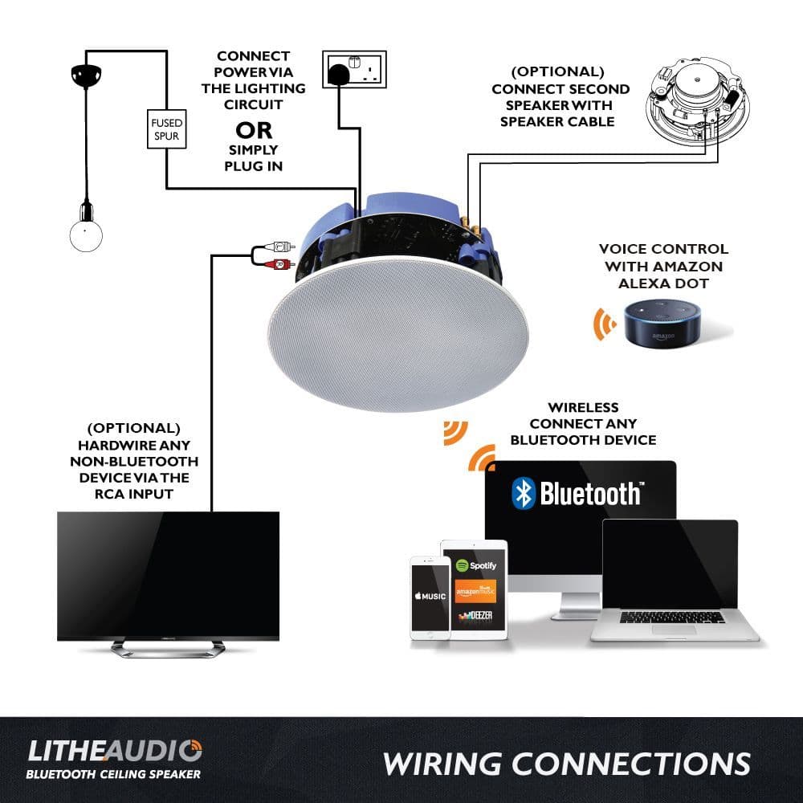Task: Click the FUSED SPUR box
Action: pyautogui.click(x=166, y=129)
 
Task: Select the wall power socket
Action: pyautogui.click(x=354, y=69)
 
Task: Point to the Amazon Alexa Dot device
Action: pyautogui.click(x=662, y=323)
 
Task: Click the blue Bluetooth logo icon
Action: pyautogui.click(x=523, y=493)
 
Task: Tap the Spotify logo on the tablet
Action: pyautogui.click(x=475, y=565)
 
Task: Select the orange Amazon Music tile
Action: pyautogui.click(x=475, y=592)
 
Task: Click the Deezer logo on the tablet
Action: pyautogui.click(x=475, y=616)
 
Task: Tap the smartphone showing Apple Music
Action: pyautogui.click(x=430, y=597)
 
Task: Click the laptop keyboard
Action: pyautogui.click(x=672, y=617)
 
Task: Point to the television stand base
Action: pyautogui.click(x=168, y=649)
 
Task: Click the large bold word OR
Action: pyautogui.click(x=254, y=131)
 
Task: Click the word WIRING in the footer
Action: pyautogui.click(x=442, y=764)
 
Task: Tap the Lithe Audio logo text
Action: pyautogui.click(x=115, y=751)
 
